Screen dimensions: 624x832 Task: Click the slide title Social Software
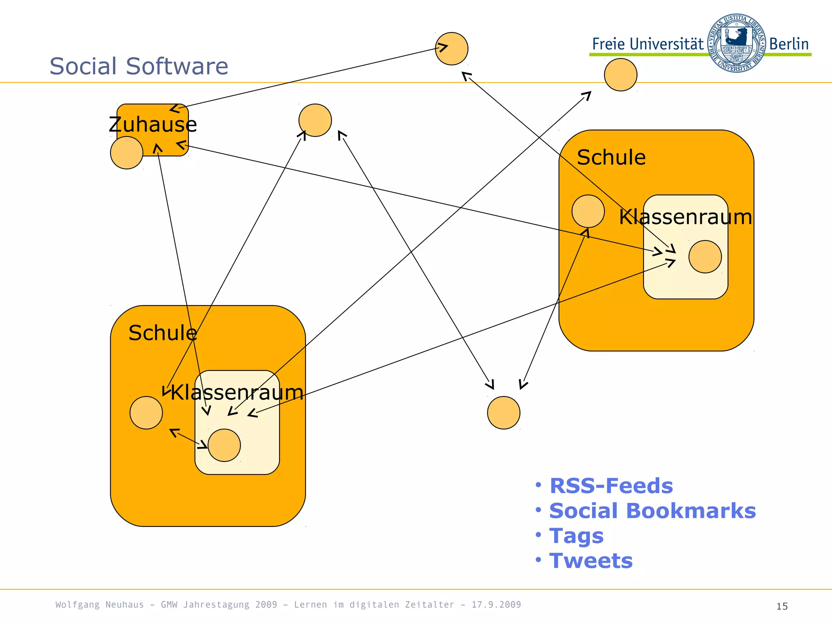pyautogui.click(x=139, y=66)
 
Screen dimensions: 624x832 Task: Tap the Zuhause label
pyautogui.click(x=153, y=125)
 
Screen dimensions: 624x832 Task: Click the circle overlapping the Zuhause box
pyautogui.click(x=126, y=153)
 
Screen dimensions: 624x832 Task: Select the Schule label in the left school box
pyautogui.click(x=162, y=333)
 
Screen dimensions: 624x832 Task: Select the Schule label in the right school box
pyautogui.click(x=611, y=158)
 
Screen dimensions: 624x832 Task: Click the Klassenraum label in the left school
pyautogui.click(x=237, y=392)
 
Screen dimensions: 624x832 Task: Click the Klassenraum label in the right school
pyautogui.click(x=685, y=217)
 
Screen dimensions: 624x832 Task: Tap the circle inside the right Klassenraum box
pyautogui.click(x=705, y=257)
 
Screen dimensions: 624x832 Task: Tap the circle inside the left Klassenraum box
pyautogui.click(x=224, y=445)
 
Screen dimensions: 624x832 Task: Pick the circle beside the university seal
pyautogui.click(x=620, y=75)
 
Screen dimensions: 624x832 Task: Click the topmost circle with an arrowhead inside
pyautogui.click(x=451, y=49)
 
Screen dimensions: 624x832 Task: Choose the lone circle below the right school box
pyautogui.click(x=503, y=413)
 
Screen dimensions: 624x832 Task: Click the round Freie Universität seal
pyautogui.click(x=736, y=43)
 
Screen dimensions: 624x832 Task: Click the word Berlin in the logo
pyautogui.click(x=789, y=44)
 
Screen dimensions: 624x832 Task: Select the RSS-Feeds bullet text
pyautogui.click(x=611, y=486)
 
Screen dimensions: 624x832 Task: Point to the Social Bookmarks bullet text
pyautogui.click(x=652, y=511)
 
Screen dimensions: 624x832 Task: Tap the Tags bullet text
pyautogui.click(x=576, y=536)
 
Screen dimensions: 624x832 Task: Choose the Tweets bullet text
pyautogui.click(x=591, y=561)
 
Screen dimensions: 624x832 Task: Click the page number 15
pyautogui.click(x=782, y=607)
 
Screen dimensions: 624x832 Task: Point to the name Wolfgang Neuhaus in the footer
pyautogui.click(x=100, y=604)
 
